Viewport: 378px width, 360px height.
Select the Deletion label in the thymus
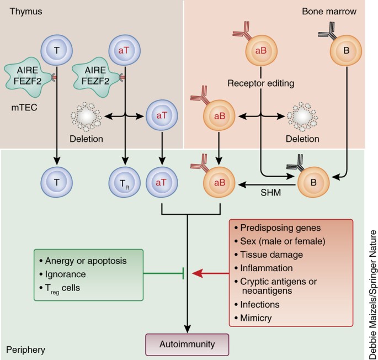click(x=86, y=138)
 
